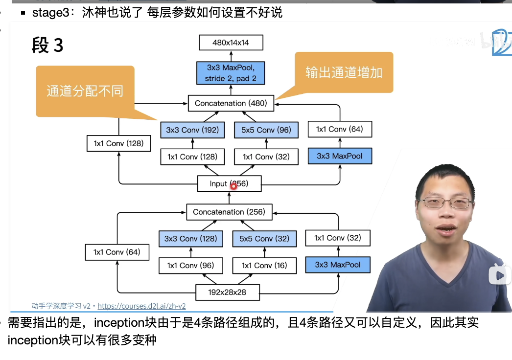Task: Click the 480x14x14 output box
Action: point(231,43)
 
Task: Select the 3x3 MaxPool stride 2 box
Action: point(231,72)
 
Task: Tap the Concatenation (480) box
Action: point(230,103)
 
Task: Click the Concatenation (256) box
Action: point(229,212)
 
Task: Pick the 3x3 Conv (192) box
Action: point(192,130)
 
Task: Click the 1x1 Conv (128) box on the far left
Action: point(118,143)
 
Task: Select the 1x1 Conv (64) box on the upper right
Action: point(339,129)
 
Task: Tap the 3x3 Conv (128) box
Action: point(190,239)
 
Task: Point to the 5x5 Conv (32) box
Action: point(264,239)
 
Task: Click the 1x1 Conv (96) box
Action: point(190,265)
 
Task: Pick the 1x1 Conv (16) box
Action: point(264,265)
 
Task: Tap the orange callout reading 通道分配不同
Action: point(85,91)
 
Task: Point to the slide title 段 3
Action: point(47,45)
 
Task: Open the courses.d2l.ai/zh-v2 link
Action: point(141,306)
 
